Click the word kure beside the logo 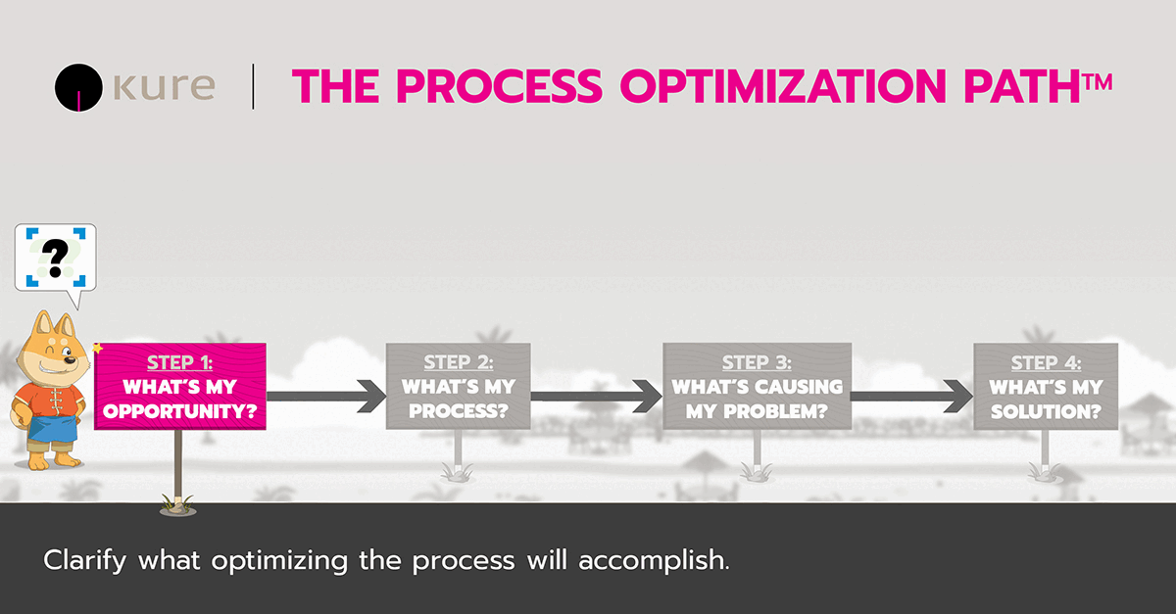(x=161, y=86)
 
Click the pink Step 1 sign (x=180, y=387)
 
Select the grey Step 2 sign (x=459, y=386)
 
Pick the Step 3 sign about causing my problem (x=757, y=386)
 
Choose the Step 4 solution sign (x=1045, y=386)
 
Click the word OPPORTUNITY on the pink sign (x=180, y=411)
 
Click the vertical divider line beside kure (x=254, y=86)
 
